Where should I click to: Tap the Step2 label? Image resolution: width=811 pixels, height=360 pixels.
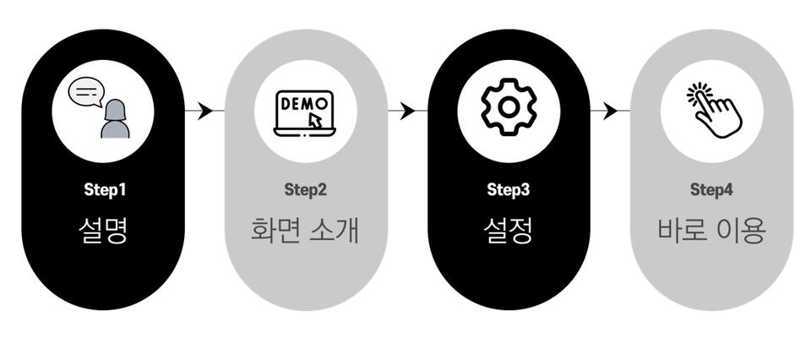(305, 189)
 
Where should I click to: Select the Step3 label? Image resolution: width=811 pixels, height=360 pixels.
(508, 189)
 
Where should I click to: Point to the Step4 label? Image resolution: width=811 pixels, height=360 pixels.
(710, 189)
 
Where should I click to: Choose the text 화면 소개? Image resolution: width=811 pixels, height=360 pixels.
(305, 229)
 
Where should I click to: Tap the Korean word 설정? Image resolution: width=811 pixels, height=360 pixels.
(508, 229)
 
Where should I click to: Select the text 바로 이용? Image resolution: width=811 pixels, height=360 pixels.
(710, 229)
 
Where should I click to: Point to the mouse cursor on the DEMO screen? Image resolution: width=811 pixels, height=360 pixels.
(316, 121)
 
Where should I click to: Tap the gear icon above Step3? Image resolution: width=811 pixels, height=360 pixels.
(508, 107)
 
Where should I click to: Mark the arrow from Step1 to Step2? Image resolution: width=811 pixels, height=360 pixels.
(204, 111)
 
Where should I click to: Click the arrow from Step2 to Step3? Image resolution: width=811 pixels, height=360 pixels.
(407, 111)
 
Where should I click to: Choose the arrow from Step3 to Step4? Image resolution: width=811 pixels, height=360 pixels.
(610, 111)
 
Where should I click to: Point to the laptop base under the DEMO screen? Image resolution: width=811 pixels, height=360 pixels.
(305, 134)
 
